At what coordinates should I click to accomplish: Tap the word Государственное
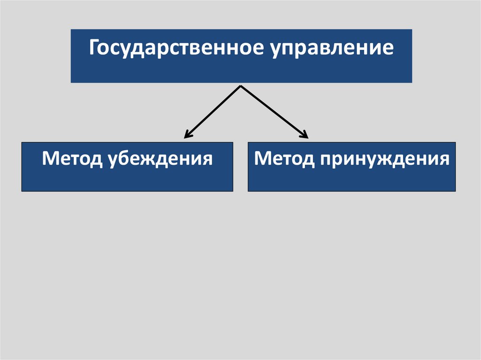click(x=176, y=49)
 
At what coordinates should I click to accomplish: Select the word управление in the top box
click(x=332, y=49)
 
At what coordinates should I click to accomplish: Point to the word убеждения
click(x=158, y=159)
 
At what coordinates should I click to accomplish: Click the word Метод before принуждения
click(x=284, y=159)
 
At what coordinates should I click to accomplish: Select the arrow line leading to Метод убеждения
click(x=214, y=111)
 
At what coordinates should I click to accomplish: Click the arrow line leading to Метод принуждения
click(x=272, y=111)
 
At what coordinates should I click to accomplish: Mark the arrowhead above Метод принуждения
click(x=304, y=136)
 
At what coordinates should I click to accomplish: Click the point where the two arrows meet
click(x=241, y=86)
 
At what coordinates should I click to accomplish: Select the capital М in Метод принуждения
click(x=262, y=158)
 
